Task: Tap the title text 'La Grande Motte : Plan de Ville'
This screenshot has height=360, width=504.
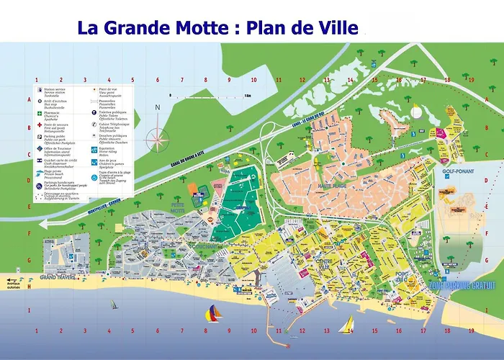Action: coord(217,28)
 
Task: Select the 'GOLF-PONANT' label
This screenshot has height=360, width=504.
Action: coord(456,173)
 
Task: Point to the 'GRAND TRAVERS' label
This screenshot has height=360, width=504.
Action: coord(59,276)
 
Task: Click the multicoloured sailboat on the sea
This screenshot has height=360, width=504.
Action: coord(214,312)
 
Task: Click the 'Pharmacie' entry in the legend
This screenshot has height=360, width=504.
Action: coord(50,113)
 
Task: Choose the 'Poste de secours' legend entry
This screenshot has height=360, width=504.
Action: coord(50,127)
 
